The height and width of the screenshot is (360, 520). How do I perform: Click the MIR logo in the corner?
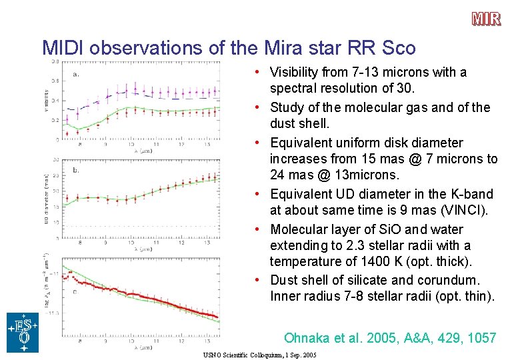coord(487,19)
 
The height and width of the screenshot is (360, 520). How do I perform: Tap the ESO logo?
coord(23,332)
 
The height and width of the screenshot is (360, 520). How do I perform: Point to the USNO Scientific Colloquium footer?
coord(260,355)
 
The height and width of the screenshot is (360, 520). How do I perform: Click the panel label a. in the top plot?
coord(75,74)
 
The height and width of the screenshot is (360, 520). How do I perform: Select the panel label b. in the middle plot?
coord(75,171)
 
